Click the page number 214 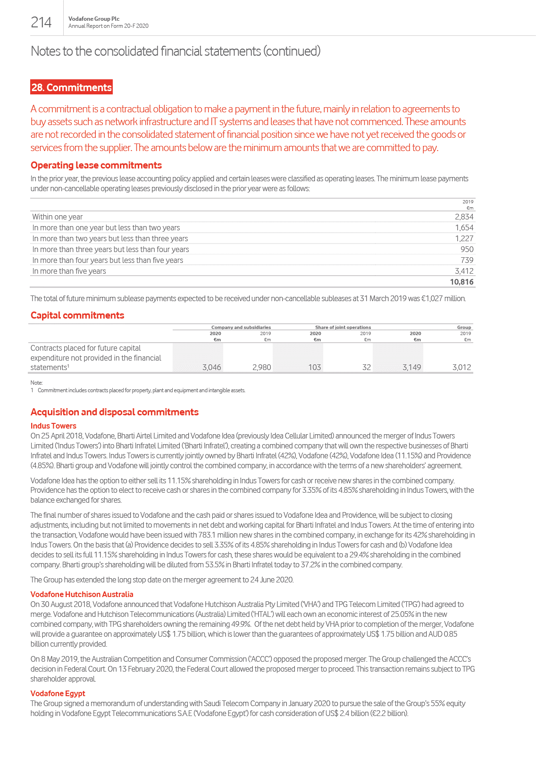41,22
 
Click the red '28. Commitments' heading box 71,87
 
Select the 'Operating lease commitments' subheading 96,165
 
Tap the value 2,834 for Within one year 464,217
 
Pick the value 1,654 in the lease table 464,227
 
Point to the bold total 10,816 461,282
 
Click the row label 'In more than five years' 69,271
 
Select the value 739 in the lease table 467,260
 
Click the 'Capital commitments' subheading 77,315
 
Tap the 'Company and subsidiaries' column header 241,327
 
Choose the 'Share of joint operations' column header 343,327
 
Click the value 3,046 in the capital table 211,367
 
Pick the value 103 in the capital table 314,367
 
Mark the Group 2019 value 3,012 461,367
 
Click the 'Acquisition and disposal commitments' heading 115,412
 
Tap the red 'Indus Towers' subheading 53,426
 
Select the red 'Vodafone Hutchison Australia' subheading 82,594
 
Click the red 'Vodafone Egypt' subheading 58,693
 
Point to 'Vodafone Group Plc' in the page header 94,19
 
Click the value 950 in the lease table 467,249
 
